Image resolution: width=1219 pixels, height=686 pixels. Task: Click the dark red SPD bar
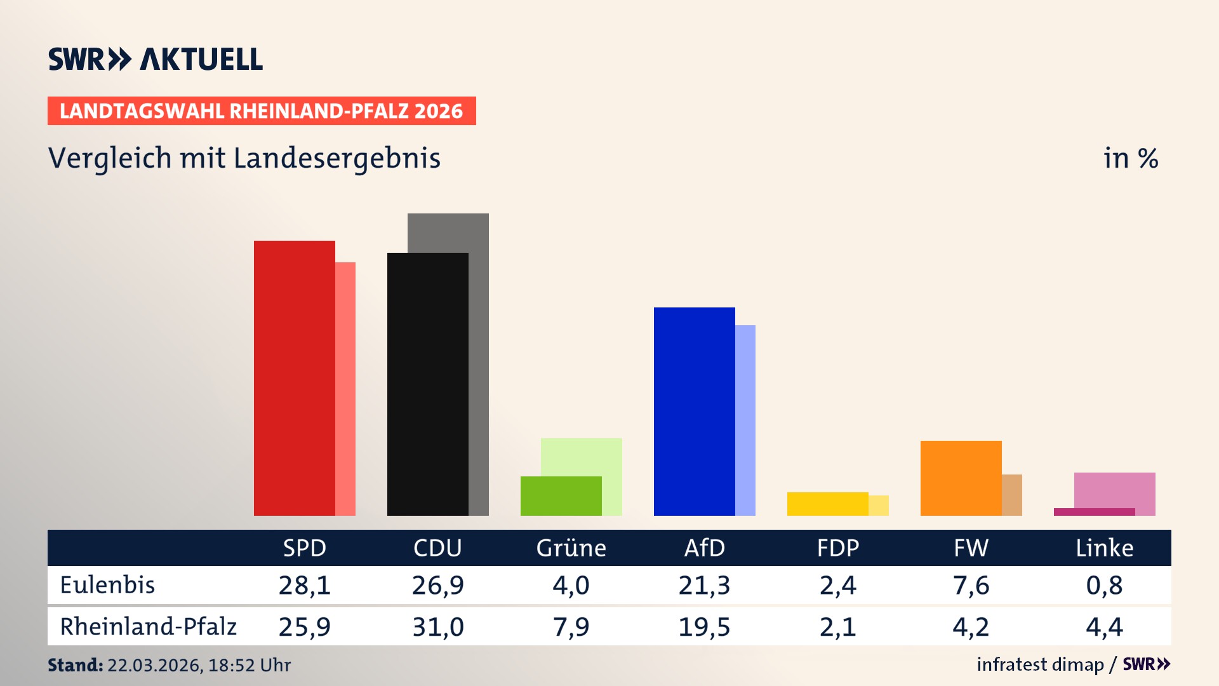(x=294, y=378)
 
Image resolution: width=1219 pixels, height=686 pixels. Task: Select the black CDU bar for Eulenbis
(x=427, y=384)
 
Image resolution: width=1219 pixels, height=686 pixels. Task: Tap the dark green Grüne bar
(x=561, y=496)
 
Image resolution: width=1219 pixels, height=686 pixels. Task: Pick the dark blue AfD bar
(x=694, y=412)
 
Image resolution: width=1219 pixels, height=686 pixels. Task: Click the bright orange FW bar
(x=961, y=478)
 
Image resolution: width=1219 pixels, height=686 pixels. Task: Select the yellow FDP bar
(x=827, y=504)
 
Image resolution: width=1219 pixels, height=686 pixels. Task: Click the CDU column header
(x=437, y=548)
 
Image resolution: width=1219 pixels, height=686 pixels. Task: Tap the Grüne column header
(x=571, y=548)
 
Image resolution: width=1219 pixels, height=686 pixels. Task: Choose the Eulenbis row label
(x=107, y=585)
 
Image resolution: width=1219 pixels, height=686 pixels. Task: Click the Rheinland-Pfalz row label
(x=148, y=627)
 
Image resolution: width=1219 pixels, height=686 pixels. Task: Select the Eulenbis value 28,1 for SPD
(x=305, y=585)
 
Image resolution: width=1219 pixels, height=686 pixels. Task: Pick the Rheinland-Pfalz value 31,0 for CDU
(x=438, y=627)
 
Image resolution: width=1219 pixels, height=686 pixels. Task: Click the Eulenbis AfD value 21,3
(x=704, y=585)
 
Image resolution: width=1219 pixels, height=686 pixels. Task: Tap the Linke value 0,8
(x=1104, y=585)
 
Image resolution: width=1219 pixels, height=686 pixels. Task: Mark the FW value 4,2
(x=971, y=627)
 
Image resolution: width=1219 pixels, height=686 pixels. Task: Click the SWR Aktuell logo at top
(x=156, y=59)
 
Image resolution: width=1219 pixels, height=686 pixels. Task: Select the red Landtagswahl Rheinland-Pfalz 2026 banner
(x=262, y=111)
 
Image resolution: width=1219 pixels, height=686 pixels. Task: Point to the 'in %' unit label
(x=1131, y=158)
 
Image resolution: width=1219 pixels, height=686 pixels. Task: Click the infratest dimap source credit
(x=1040, y=664)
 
